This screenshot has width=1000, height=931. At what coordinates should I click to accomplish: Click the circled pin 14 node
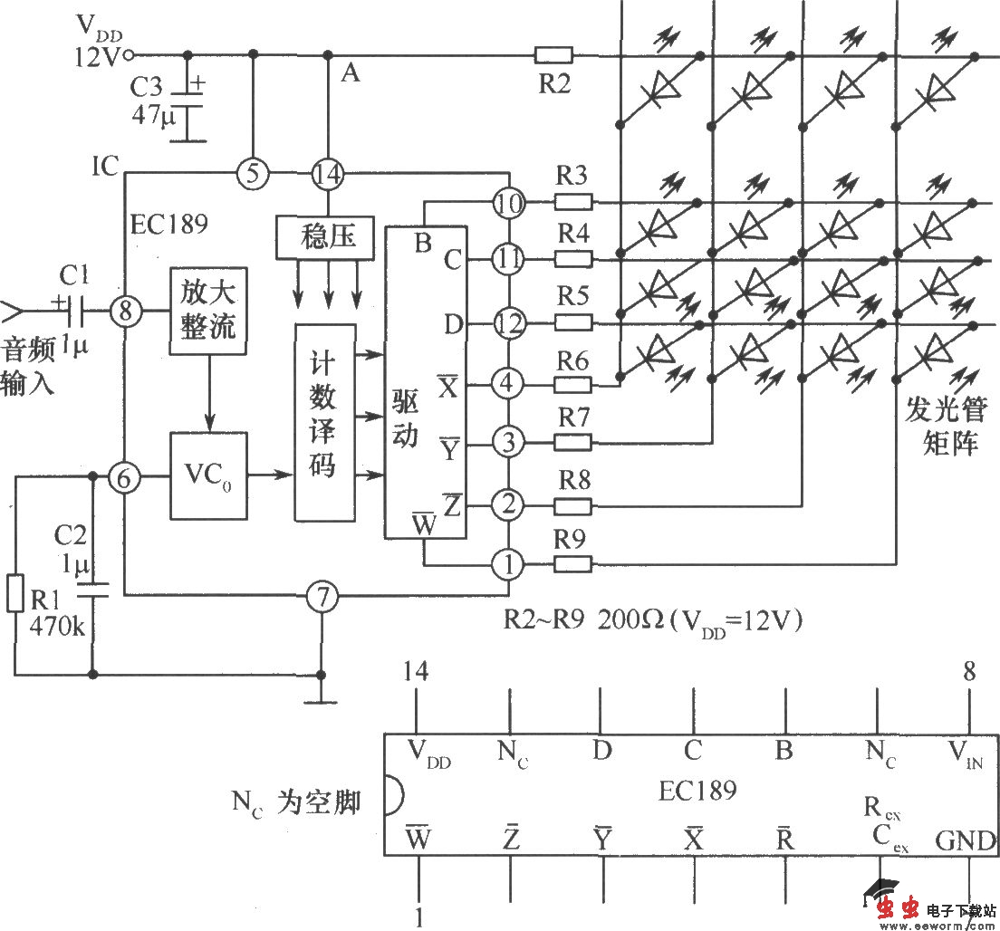click(x=327, y=173)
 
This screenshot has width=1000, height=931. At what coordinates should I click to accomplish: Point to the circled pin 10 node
click(x=509, y=203)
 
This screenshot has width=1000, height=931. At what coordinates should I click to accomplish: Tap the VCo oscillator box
click(x=208, y=475)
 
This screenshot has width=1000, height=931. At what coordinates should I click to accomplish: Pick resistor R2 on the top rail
click(x=553, y=56)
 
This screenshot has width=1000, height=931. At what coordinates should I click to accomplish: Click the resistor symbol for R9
click(x=572, y=565)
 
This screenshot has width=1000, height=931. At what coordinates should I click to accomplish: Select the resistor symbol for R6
click(x=572, y=385)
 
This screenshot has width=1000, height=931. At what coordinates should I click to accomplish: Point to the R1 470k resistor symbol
click(x=14, y=593)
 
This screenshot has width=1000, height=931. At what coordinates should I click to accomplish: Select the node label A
click(x=350, y=73)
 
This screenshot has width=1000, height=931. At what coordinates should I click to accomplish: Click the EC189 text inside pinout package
click(x=697, y=790)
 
